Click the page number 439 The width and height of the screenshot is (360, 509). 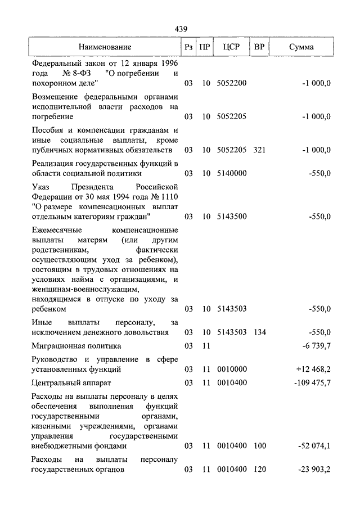(181, 29)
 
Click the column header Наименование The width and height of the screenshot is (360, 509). (105, 47)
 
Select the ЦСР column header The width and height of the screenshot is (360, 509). (232, 47)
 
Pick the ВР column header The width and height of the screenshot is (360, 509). (259, 47)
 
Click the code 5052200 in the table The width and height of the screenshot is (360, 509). (232, 83)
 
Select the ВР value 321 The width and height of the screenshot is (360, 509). (259, 150)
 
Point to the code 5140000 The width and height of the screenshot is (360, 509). (232, 173)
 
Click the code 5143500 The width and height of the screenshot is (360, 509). (232, 217)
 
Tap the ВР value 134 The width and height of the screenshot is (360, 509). (259, 332)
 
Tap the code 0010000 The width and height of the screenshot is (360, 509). (232, 370)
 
